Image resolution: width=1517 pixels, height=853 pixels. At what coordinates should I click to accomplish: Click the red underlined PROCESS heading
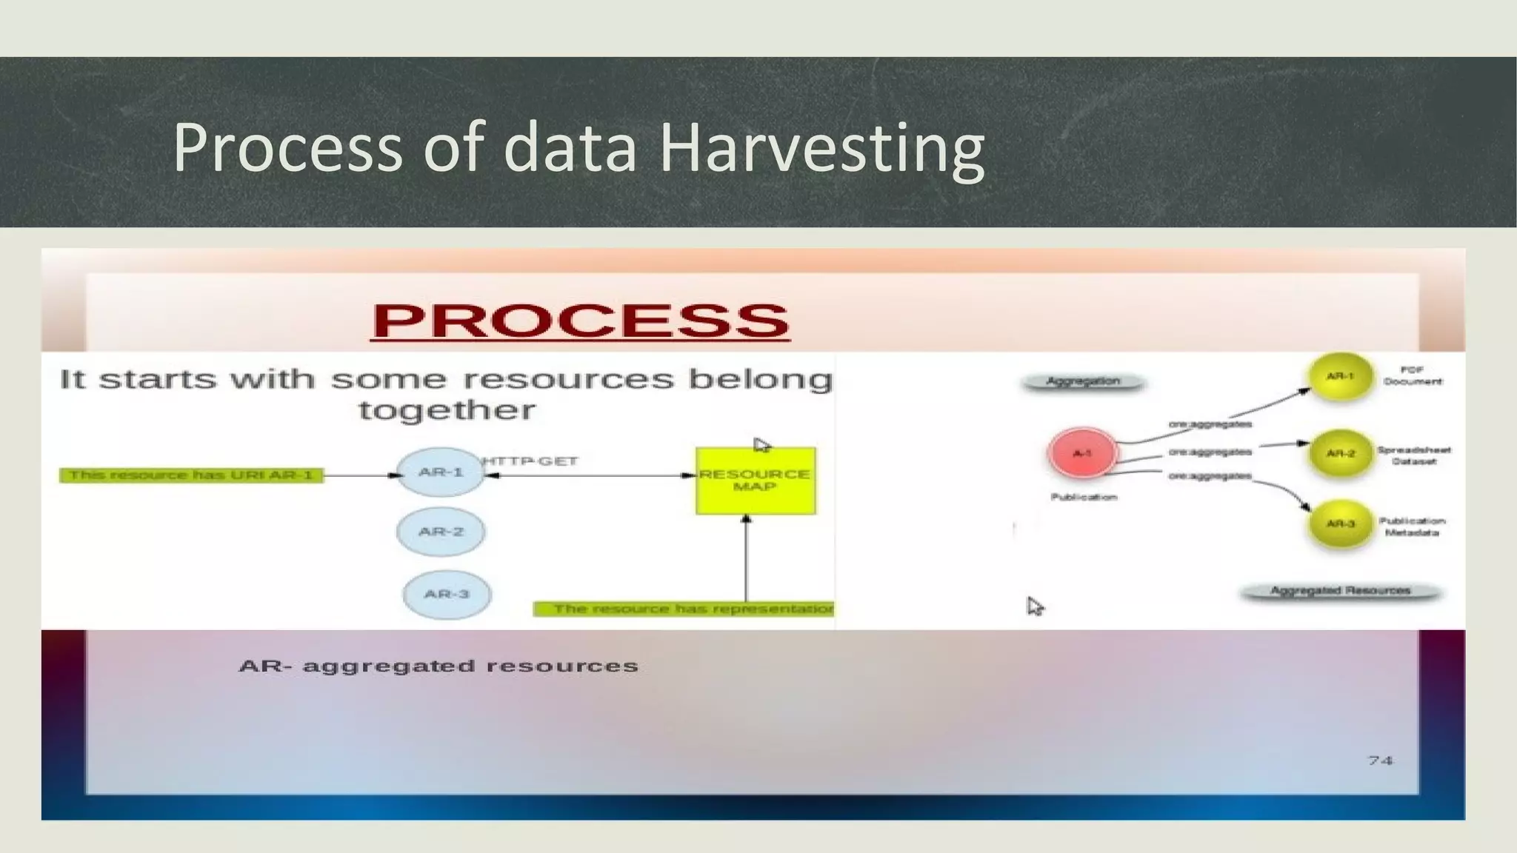(580, 321)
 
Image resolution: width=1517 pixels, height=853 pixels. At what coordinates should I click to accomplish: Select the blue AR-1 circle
(441, 472)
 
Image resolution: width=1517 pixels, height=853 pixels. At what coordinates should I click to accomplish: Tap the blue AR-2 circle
(441, 532)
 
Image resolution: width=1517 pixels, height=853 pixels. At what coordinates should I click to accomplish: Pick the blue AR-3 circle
(447, 594)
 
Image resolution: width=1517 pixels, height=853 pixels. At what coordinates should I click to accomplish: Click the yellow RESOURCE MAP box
(755, 481)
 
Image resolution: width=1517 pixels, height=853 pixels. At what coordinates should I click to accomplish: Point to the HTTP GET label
(530, 461)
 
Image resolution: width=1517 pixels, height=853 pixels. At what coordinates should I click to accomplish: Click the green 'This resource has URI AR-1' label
(191, 475)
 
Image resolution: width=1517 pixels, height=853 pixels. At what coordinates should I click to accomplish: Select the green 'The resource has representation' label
(684, 609)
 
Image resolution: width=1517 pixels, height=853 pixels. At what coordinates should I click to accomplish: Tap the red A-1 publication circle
(1082, 452)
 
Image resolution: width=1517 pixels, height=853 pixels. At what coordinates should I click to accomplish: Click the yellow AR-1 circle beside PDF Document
(1340, 376)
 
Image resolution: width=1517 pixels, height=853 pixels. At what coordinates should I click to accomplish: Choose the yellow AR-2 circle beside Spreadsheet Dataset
(1340, 452)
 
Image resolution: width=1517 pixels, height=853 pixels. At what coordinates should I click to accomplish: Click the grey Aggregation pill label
(1083, 382)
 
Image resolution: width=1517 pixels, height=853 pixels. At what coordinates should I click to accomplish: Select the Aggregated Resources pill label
(1340, 591)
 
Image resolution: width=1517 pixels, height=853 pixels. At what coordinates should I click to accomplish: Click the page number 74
(1380, 760)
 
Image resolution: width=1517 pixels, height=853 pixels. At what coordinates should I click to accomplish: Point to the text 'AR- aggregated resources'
(439, 666)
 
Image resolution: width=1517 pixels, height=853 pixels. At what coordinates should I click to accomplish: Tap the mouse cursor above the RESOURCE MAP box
(761, 445)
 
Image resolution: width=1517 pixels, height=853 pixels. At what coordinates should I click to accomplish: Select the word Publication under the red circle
(1083, 497)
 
